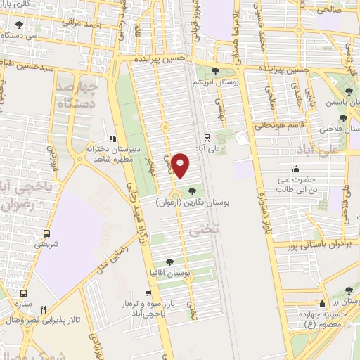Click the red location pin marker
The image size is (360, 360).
tap(181, 165)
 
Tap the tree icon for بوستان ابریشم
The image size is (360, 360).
tap(215, 72)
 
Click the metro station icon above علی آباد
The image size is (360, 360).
tap(207, 137)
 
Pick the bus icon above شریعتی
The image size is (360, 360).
tap(46, 233)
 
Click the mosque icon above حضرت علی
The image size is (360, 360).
tap(295, 169)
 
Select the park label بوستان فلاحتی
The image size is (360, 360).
tap(330, 129)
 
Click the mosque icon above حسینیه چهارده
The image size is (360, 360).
tap(323, 304)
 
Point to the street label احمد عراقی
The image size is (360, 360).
tap(81, 25)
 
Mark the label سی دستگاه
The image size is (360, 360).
tap(20, 34)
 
